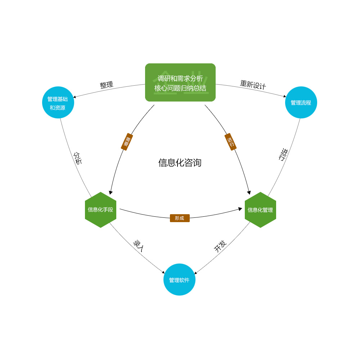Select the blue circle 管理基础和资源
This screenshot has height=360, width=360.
click(x=58, y=103)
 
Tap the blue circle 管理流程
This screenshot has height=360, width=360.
click(x=301, y=103)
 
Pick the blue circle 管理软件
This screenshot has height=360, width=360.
click(x=179, y=280)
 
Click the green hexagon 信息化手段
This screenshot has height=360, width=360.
click(x=100, y=210)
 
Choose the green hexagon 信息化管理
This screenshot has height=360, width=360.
click(x=260, y=210)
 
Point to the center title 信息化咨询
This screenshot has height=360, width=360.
click(x=180, y=163)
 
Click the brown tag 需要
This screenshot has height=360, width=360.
click(x=127, y=142)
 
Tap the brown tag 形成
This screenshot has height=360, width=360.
click(x=180, y=218)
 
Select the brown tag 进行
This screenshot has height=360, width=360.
click(x=230, y=142)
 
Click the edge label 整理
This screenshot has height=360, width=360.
click(x=107, y=85)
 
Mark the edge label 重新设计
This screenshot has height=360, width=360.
click(x=253, y=85)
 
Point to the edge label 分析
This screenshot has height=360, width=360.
click(x=78, y=158)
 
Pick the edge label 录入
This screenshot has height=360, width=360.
click(x=139, y=246)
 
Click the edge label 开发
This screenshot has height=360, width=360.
click(x=220, y=246)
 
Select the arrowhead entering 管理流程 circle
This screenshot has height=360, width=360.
click(x=284, y=96)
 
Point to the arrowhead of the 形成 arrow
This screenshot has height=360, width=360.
click(x=240, y=209)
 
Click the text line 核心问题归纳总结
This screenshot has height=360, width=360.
click(x=180, y=88)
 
